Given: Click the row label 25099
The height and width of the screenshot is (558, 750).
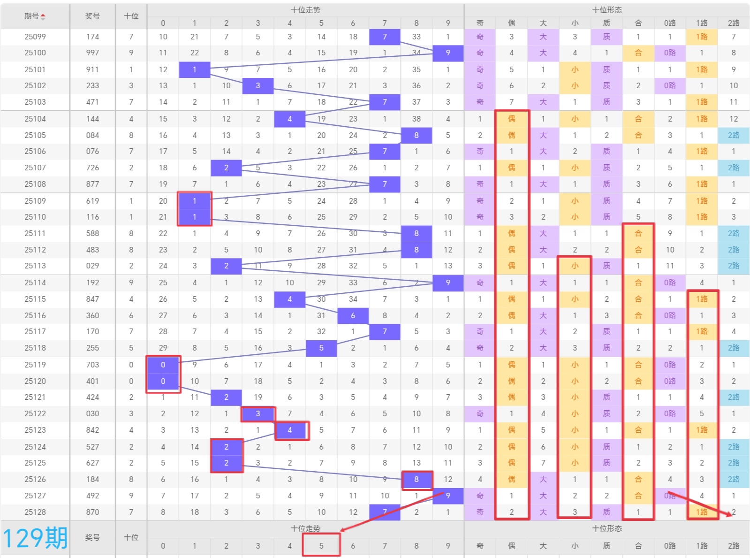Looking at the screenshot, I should (x=35, y=37).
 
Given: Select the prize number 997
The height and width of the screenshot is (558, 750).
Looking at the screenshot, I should (x=92, y=53).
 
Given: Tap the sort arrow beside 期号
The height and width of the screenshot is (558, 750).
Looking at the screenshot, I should (x=43, y=17).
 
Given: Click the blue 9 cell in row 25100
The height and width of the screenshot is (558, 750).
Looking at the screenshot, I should (x=448, y=53).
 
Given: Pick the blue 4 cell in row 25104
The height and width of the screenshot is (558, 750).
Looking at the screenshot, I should (x=289, y=119).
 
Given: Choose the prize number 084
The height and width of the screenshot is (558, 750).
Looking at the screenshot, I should (x=92, y=135).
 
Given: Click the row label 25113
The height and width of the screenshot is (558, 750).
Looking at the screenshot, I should (x=35, y=266).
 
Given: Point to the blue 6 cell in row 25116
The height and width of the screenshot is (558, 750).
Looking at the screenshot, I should (x=353, y=315).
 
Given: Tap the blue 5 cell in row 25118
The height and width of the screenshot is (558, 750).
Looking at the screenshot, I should (x=321, y=348).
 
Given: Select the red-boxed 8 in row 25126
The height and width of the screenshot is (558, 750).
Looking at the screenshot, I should (x=417, y=479).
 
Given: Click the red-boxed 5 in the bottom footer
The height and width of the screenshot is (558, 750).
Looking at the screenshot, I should (x=321, y=546).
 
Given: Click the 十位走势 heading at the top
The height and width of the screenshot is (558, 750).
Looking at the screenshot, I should (x=305, y=10).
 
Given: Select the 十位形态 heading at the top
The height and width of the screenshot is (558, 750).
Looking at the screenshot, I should (x=607, y=10).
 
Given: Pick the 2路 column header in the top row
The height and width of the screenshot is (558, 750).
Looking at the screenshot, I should (x=734, y=23).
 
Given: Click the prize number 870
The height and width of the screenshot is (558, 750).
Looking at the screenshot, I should (x=92, y=512).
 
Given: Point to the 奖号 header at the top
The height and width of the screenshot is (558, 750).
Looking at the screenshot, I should (x=92, y=16).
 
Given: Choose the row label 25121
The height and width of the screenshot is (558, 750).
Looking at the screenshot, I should (x=35, y=397).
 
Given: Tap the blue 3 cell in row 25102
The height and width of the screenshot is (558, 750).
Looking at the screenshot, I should (x=258, y=85).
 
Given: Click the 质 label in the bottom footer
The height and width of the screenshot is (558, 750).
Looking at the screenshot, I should (x=606, y=546).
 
